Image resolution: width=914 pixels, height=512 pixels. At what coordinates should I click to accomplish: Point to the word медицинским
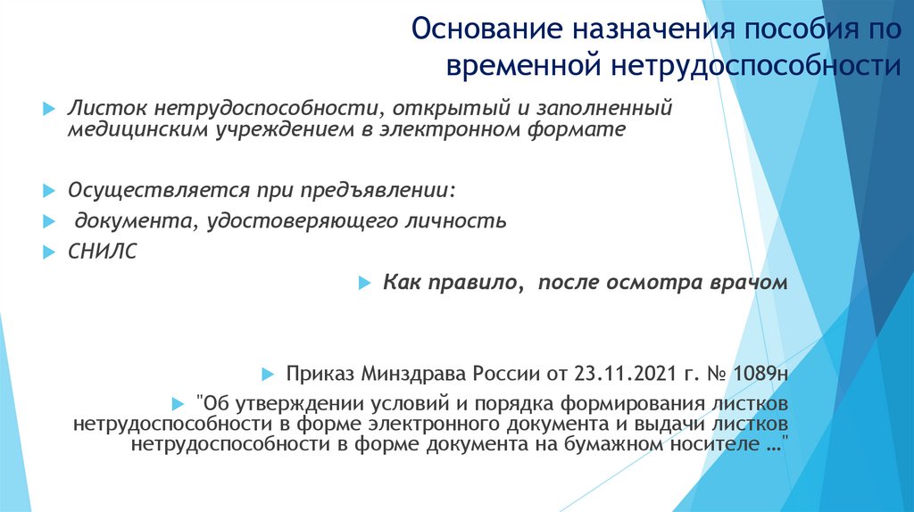coord(137,130)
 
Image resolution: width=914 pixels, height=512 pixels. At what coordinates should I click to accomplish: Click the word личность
coord(458,220)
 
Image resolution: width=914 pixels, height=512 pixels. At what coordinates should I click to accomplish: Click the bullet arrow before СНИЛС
coord(49,252)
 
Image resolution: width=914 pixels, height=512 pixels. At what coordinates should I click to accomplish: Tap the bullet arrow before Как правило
coord(363,283)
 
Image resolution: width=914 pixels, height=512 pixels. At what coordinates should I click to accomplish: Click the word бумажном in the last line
coord(624,442)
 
